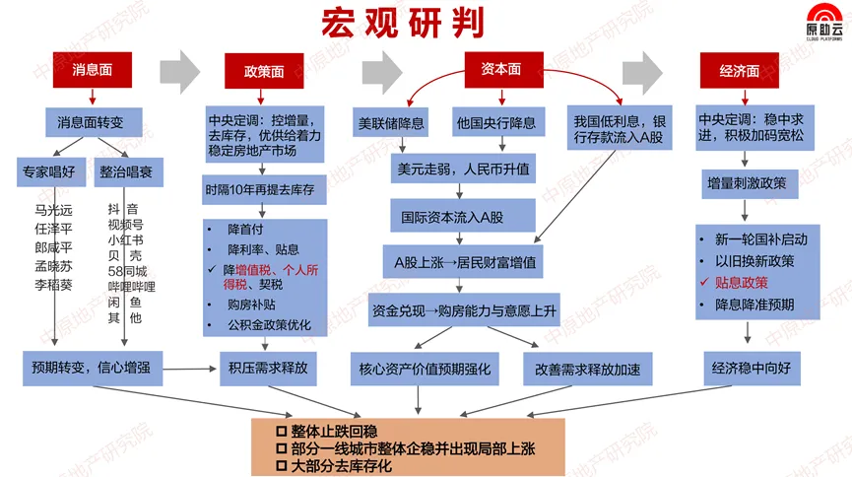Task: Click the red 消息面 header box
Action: (x=93, y=70)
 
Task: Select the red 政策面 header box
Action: (x=264, y=71)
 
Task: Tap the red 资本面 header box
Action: (x=500, y=68)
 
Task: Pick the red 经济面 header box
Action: (x=739, y=71)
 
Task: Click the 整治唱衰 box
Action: (x=131, y=170)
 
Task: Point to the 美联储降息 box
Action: (x=390, y=123)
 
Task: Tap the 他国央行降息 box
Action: (x=495, y=123)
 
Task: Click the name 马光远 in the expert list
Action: (x=54, y=210)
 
